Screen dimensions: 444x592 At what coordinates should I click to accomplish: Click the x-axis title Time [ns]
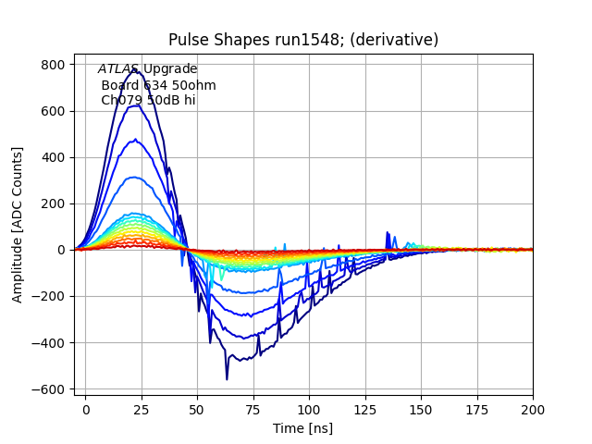click(x=302, y=428)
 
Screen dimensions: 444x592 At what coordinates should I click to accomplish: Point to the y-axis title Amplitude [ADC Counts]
click(x=18, y=225)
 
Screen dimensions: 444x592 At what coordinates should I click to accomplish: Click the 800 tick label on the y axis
click(x=52, y=65)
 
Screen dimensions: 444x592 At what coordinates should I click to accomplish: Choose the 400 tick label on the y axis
click(x=52, y=157)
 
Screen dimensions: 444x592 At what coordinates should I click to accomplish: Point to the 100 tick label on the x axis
click(x=309, y=408)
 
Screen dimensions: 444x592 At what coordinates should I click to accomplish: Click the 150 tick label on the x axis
click(x=421, y=408)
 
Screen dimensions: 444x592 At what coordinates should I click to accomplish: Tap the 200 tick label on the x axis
click(x=533, y=408)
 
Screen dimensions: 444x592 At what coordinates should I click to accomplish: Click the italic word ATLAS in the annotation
click(x=118, y=69)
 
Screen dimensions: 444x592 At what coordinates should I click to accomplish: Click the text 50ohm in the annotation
click(x=195, y=85)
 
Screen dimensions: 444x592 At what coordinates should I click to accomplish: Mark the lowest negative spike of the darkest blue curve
click(x=227, y=378)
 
